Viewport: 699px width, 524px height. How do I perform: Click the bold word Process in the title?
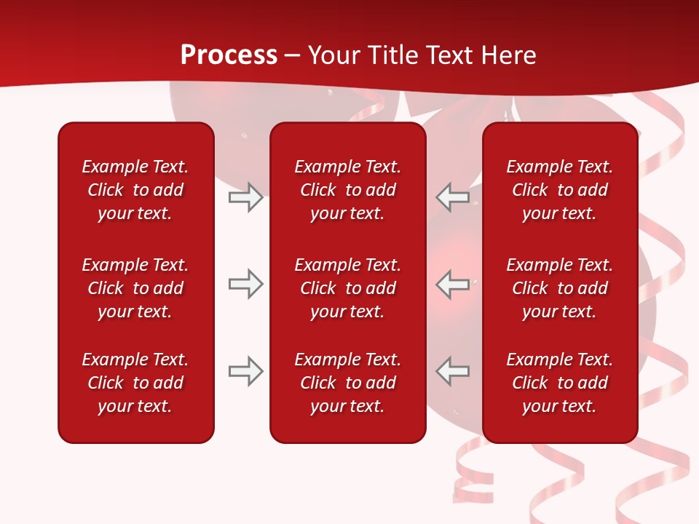(229, 55)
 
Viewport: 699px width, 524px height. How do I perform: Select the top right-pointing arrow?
(245, 197)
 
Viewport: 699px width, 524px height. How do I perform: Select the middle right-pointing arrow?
(245, 284)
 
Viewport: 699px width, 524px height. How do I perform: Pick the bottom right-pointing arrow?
(245, 371)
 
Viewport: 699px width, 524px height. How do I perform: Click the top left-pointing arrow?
(453, 197)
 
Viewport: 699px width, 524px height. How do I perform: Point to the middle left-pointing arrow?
(453, 284)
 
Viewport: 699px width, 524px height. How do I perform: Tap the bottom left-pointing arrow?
(453, 371)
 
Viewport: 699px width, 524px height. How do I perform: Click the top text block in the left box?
(135, 190)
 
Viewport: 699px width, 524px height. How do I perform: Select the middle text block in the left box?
(135, 288)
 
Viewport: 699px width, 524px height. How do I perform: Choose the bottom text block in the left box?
(135, 383)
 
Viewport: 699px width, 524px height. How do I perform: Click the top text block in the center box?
(347, 190)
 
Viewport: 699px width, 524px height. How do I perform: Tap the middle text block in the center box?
(347, 288)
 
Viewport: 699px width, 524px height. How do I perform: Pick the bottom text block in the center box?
(347, 383)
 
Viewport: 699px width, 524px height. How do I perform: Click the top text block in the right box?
(559, 190)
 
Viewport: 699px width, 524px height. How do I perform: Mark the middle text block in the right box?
(559, 288)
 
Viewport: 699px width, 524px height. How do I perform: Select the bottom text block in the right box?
(559, 383)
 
